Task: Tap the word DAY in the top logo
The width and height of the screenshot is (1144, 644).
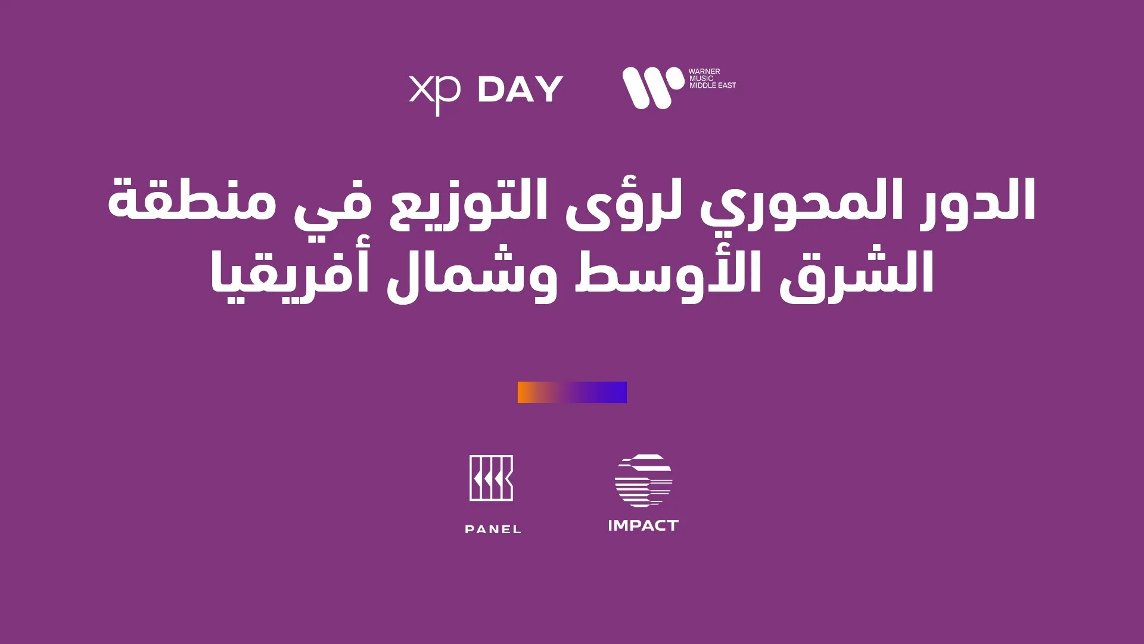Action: (520, 89)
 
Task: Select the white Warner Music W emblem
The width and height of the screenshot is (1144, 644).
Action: (653, 88)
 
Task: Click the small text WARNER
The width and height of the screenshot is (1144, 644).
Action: (704, 72)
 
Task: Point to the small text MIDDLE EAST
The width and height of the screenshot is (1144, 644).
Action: (713, 85)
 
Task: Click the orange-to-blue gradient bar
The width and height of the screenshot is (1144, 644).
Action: (572, 392)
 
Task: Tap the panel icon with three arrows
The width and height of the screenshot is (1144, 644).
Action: (491, 478)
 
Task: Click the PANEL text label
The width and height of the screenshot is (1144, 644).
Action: (493, 529)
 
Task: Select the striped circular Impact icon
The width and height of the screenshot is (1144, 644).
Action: (643, 481)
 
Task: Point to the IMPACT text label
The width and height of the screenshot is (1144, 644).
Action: (643, 525)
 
